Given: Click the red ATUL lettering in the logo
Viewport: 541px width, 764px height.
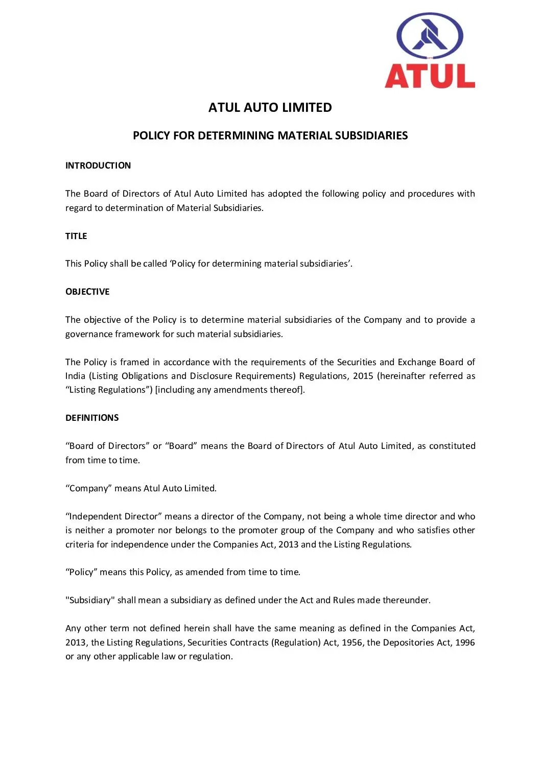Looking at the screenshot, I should point(430,77).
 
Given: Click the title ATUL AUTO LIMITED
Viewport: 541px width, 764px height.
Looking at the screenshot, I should point(270,108).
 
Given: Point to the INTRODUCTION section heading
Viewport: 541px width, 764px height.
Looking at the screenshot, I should point(98,165).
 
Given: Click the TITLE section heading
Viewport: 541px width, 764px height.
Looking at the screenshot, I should point(76,236).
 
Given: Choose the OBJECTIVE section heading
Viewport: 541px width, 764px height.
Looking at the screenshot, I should point(87,292).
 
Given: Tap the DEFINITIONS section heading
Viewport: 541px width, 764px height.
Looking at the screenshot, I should point(92,418).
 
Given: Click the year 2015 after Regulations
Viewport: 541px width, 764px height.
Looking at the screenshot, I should point(363,376).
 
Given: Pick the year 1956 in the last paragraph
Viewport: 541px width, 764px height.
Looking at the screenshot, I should point(352,642).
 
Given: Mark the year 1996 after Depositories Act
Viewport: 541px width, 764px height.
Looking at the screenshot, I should point(465,642).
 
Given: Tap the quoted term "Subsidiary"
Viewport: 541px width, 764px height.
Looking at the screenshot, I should point(90,601).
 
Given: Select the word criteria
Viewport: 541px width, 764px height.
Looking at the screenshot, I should point(80,544).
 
